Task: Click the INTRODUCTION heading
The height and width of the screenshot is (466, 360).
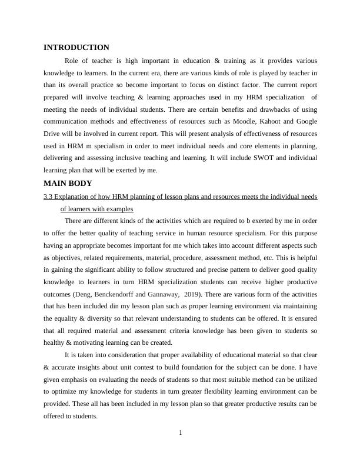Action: (x=76, y=48)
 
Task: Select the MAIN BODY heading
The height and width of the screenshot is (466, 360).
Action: (x=68, y=184)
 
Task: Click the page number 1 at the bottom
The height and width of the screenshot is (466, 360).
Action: (x=181, y=433)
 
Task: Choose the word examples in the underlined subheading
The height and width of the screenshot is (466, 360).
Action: (x=118, y=208)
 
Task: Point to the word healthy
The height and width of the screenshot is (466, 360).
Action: (x=55, y=342)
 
